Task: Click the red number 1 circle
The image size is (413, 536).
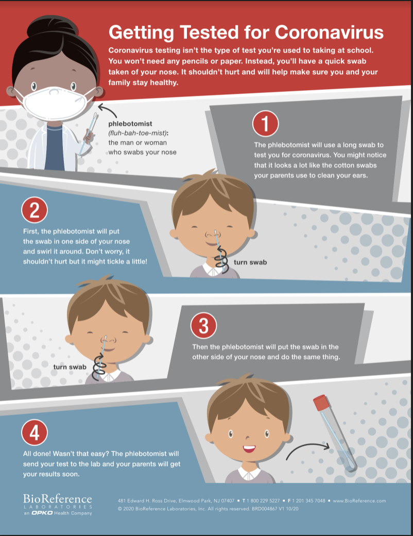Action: [265, 123]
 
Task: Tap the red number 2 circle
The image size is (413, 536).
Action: [35, 210]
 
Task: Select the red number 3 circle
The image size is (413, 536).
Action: [203, 325]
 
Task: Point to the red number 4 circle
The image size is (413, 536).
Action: [35, 432]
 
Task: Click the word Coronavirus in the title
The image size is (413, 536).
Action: [329, 32]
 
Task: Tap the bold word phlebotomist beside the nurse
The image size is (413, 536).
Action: [130, 124]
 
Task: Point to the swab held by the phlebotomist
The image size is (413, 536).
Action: [88, 133]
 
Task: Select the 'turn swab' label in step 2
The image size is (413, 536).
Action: [250, 262]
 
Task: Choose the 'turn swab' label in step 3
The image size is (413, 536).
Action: [70, 367]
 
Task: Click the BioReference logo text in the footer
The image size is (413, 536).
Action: [57, 499]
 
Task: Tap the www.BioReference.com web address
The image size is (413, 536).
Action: [359, 501]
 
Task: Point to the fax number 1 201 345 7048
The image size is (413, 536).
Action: [308, 501]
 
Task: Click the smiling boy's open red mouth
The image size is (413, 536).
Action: [249, 448]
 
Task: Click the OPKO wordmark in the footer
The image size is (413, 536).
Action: [42, 513]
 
